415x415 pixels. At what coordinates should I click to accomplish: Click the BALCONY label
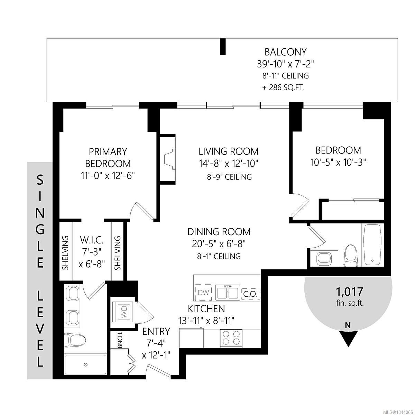pyautogui.click(x=285, y=52)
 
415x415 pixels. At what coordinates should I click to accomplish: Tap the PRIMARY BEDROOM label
pyautogui.click(x=108, y=158)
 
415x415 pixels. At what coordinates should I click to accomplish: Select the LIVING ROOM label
pyautogui.click(x=228, y=151)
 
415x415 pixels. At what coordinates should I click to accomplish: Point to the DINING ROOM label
pyautogui.click(x=219, y=232)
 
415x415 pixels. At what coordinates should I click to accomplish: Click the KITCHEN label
pyautogui.click(x=206, y=309)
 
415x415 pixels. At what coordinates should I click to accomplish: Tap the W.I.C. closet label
pyautogui.click(x=92, y=240)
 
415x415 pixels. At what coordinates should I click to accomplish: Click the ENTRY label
pyautogui.click(x=156, y=331)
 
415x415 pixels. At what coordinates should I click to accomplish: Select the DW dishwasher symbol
pyautogui.click(x=203, y=292)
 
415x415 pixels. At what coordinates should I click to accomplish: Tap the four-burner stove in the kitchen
pyautogui.click(x=231, y=338)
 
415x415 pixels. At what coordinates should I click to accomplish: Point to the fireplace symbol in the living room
pyautogui.click(x=170, y=159)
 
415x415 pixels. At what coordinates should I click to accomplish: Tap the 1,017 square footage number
pyautogui.click(x=350, y=292)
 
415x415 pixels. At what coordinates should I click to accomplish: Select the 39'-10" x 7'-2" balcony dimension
pyautogui.click(x=285, y=64)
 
